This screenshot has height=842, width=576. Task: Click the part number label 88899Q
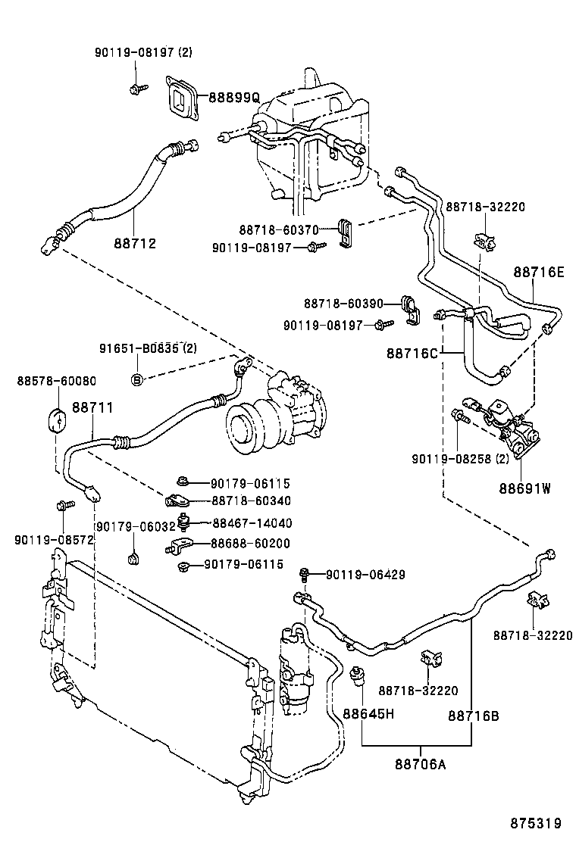point(234,98)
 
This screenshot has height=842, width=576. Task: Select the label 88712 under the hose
point(135,243)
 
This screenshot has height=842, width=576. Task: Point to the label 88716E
point(539,272)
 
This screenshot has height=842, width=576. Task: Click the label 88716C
point(414,353)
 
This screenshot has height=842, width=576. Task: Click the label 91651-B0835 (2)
point(148,348)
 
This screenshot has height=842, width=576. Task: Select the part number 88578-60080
point(46,381)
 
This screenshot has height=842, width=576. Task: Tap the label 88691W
point(524,488)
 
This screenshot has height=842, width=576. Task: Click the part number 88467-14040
point(252,522)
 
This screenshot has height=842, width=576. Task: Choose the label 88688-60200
point(252,544)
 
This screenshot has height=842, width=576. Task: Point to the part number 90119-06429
point(365,575)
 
